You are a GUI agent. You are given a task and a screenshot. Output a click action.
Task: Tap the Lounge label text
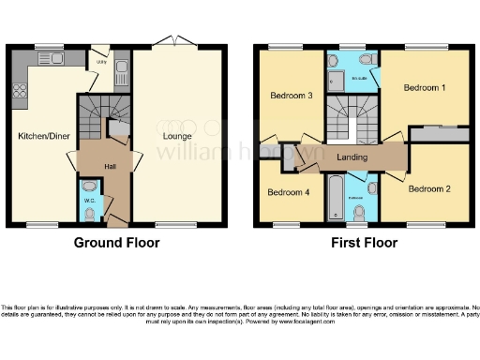tap(176, 137)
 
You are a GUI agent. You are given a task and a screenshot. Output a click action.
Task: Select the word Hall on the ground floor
tap(109, 166)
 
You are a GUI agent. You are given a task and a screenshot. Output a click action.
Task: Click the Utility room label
tap(102, 62)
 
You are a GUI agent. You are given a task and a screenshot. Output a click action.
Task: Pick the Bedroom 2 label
tap(429, 188)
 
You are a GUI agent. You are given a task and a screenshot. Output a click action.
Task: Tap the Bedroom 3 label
tap(291, 96)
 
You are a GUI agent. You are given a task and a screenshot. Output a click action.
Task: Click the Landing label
tap(352, 157)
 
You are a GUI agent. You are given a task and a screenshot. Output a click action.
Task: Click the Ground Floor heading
tap(116, 243)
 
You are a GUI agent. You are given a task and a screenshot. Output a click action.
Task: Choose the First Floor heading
tap(364, 243)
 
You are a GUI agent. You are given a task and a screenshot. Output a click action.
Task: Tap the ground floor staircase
tap(93, 117)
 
